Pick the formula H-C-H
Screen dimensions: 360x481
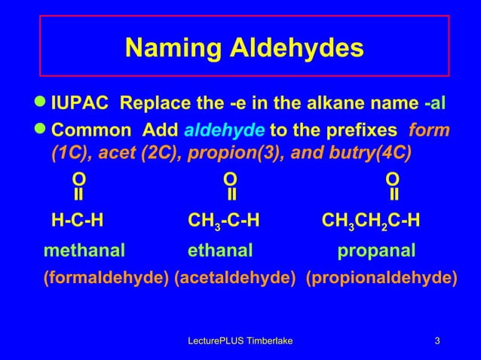(77, 221)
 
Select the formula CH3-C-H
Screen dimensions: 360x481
(224, 221)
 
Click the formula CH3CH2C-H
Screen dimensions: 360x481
(371, 221)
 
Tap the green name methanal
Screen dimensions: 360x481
(84, 249)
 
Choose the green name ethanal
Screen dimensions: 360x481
(220, 249)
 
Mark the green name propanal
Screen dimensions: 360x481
(376, 249)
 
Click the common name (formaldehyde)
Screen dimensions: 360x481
(106, 277)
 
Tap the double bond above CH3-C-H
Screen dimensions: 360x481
(232, 195)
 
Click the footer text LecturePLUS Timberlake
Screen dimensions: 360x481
(240, 343)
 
